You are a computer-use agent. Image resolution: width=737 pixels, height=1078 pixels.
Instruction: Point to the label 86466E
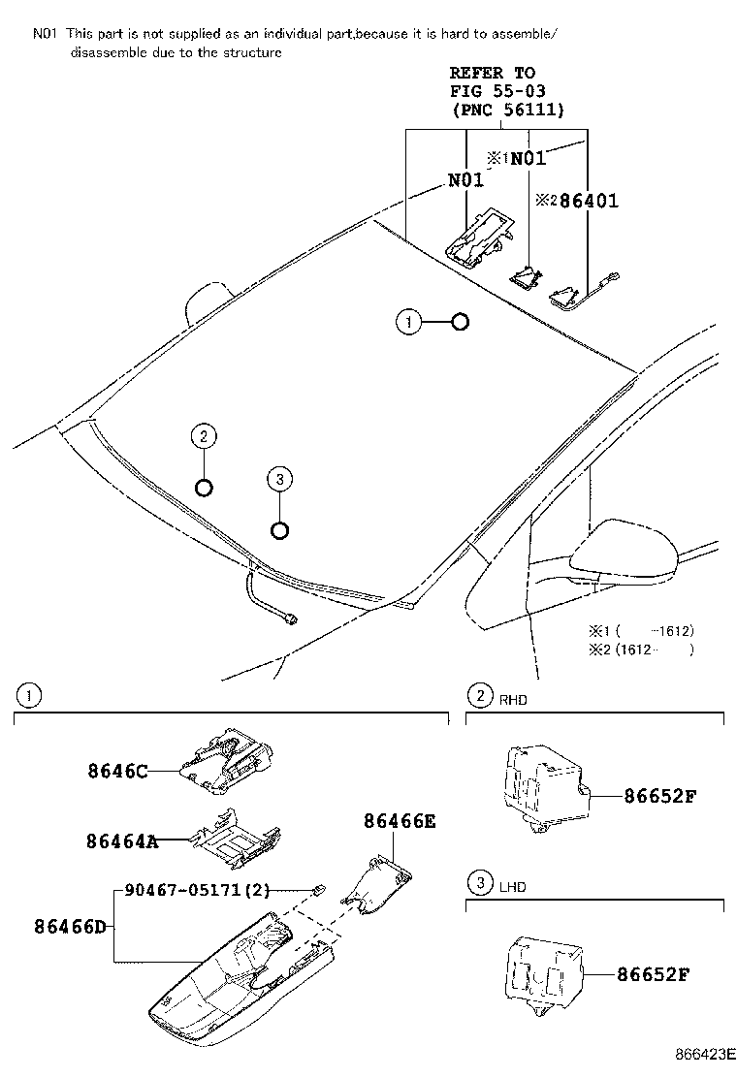[x=400, y=821]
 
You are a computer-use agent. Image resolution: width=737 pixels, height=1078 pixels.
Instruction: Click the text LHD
[x=513, y=885]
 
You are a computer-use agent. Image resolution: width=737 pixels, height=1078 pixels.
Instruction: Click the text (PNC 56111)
[x=508, y=111]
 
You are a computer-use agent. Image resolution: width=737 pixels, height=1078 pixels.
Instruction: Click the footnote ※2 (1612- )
[x=641, y=650]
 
